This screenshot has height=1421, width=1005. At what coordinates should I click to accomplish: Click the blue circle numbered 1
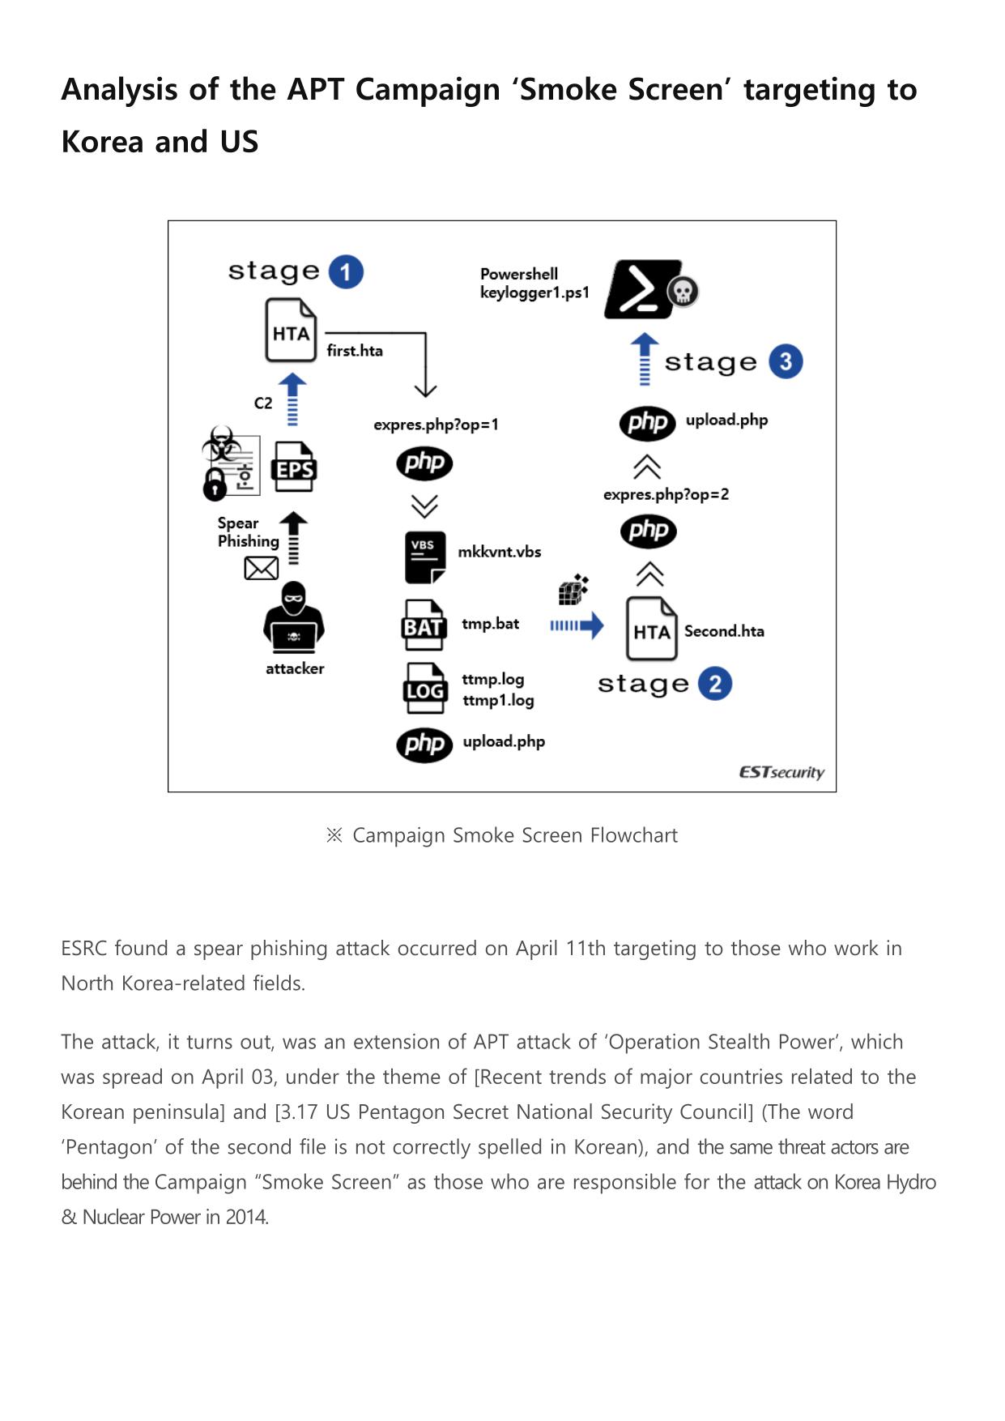click(x=346, y=272)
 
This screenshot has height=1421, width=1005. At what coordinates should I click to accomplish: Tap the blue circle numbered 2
click(x=714, y=684)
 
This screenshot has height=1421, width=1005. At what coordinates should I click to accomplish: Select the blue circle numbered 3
click(x=786, y=361)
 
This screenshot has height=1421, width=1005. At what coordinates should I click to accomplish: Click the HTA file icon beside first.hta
click(x=291, y=331)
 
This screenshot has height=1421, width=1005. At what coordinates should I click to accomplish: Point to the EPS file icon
click(x=295, y=467)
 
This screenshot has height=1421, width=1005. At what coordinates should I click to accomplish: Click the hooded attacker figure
click(x=294, y=617)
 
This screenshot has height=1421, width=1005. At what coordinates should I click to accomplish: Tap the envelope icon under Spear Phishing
click(x=261, y=569)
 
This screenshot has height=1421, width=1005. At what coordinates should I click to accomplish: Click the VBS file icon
click(x=424, y=557)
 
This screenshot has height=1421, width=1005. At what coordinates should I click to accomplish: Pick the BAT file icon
click(x=424, y=625)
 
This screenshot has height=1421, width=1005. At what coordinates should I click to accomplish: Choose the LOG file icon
click(x=425, y=689)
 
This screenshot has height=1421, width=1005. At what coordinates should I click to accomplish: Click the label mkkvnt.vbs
click(x=500, y=552)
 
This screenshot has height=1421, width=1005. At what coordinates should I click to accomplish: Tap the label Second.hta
click(x=724, y=631)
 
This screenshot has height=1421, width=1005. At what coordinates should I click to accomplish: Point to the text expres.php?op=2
click(x=666, y=494)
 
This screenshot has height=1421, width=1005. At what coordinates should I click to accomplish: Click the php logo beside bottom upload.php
click(x=424, y=745)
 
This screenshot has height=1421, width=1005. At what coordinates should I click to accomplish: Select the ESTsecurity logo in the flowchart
click(x=781, y=772)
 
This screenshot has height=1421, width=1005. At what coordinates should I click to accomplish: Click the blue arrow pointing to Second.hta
click(x=577, y=625)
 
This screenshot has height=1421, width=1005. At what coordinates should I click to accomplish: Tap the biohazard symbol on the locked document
click(x=220, y=444)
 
